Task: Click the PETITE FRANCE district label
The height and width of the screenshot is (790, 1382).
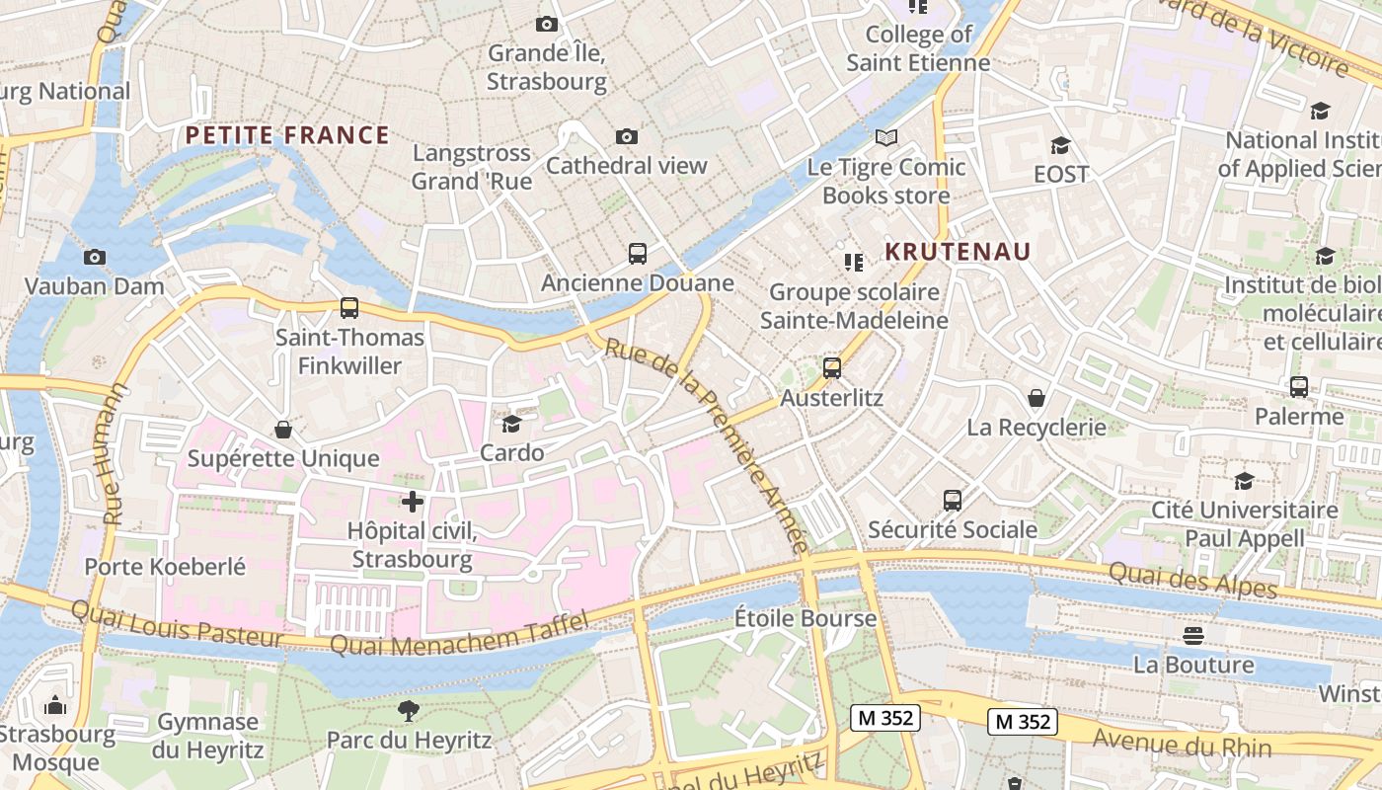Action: pos(287,135)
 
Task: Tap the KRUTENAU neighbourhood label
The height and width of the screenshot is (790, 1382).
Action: pos(957,252)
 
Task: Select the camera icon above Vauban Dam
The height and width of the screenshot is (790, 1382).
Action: pos(95,257)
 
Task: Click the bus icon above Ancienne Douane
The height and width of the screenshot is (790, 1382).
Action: pos(638,254)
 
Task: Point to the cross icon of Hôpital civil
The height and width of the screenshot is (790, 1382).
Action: pos(413,502)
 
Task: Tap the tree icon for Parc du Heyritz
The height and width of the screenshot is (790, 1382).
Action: pos(408,710)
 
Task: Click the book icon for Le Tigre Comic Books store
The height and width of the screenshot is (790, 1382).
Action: pos(886,137)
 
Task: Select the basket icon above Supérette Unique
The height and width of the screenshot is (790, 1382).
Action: pos(283,430)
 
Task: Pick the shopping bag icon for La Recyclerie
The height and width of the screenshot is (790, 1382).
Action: pos(1036,398)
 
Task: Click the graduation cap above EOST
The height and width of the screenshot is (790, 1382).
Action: pos(1061,145)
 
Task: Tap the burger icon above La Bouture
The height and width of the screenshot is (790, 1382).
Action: pos(1193,634)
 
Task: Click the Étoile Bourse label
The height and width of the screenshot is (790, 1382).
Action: pos(806,619)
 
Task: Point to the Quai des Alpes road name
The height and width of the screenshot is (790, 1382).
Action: pos(1192,581)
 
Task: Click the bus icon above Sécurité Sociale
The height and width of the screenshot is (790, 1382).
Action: pos(953,500)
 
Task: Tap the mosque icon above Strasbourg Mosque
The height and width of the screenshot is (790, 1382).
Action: pos(55,705)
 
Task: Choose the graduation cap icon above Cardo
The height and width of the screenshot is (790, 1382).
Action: pos(511,424)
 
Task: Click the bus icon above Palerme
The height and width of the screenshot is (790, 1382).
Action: pos(1299,387)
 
